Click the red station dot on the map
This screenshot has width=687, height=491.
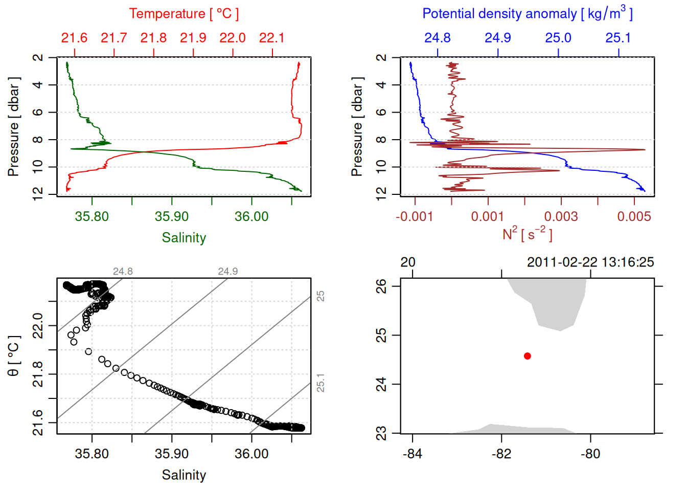(528, 356)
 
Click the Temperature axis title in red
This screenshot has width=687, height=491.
(184, 14)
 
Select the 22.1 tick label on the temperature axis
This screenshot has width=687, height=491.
(272, 38)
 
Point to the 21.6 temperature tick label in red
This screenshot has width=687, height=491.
(74, 38)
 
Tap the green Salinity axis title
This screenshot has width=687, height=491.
(184, 238)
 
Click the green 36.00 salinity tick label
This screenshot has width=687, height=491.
(251, 216)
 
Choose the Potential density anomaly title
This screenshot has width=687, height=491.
(527, 13)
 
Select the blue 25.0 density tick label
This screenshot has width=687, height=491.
(558, 38)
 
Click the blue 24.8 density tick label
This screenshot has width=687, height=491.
(438, 38)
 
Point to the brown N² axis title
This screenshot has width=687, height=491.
(527, 234)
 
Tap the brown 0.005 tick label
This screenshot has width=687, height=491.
(634, 216)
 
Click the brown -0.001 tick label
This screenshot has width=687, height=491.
(414, 216)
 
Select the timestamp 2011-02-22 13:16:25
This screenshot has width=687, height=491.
(590, 262)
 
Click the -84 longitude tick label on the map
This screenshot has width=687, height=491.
(412, 454)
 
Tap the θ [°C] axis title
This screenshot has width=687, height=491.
(13, 356)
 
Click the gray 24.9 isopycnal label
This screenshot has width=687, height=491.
(228, 272)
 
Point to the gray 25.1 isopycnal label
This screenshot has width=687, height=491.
(320, 383)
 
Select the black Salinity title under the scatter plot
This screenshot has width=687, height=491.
(184, 475)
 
